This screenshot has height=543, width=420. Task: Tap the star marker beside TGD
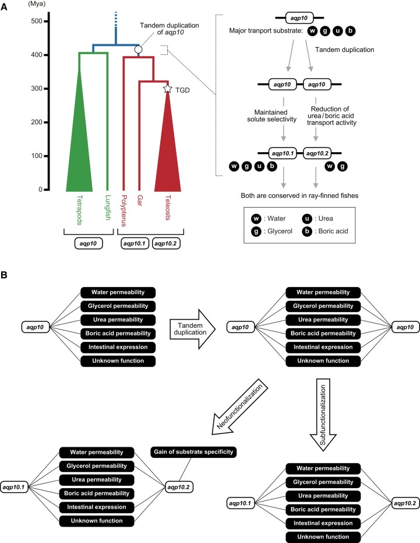(x=168, y=89)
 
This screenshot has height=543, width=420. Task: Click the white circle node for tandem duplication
(x=138, y=50)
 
